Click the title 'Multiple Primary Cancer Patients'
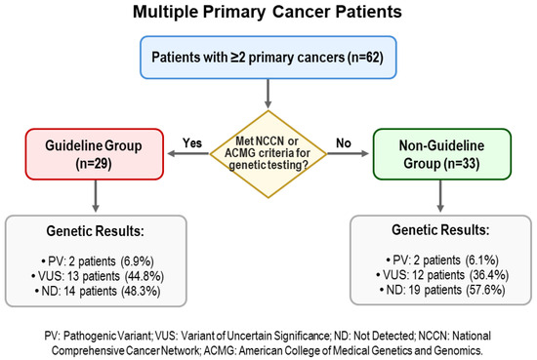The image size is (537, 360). tap(268, 16)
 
